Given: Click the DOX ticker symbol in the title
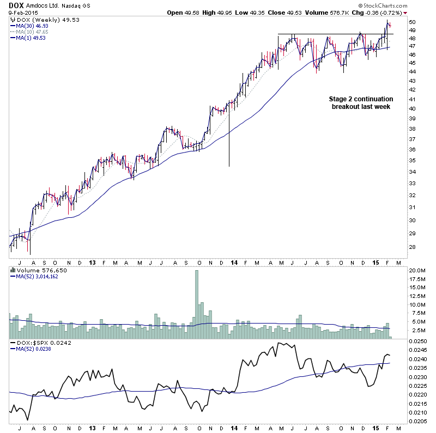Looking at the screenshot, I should click(16, 5).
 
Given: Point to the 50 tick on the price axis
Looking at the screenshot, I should click(413, 22).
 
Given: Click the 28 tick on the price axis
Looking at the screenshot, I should click(413, 247).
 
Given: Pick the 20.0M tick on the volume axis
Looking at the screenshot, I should click(417, 270).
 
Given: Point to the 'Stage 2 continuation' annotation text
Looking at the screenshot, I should click(361, 99).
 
